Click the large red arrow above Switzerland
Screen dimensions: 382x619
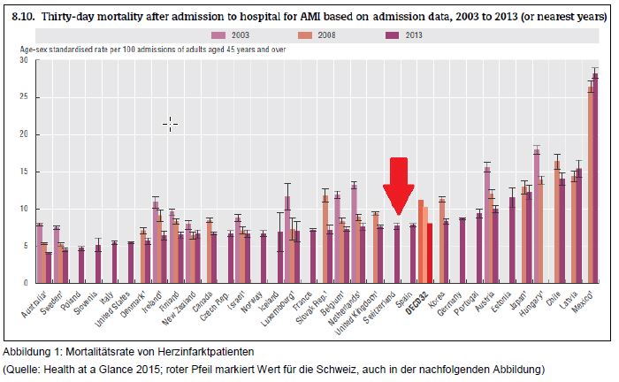coord(399,184)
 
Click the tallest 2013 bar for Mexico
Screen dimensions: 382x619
coord(596,178)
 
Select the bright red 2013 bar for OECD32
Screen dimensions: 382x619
coord(430,253)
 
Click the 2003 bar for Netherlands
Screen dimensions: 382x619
coord(354,233)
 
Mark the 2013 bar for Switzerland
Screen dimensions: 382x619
coord(397,254)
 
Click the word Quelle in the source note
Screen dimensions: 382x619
coord(28,367)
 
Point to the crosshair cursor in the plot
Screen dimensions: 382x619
coord(170,125)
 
